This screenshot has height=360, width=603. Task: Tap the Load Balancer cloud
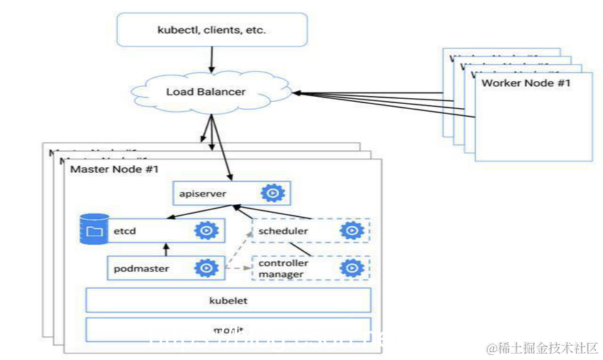click(206, 92)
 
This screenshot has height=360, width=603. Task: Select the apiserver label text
click(197, 194)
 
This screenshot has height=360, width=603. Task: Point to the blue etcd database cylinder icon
click(94, 230)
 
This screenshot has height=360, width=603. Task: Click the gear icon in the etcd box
click(206, 231)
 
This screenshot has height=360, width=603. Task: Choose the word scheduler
click(283, 231)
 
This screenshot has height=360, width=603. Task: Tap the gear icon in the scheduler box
click(351, 231)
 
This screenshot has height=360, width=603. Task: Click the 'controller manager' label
click(282, 268)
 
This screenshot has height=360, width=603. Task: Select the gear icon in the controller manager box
click(351, 268)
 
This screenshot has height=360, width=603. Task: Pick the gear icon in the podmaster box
click(206, 268)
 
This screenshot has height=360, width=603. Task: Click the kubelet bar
click(228, 300)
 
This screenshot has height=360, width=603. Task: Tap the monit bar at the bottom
click(228, 330)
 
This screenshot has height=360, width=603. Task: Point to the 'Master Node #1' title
click(114, 169)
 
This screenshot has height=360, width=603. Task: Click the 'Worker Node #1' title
click(526, 83)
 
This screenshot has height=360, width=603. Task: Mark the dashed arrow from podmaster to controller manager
click(238, 268)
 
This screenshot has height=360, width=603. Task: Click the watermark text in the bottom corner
click(542, 348)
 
